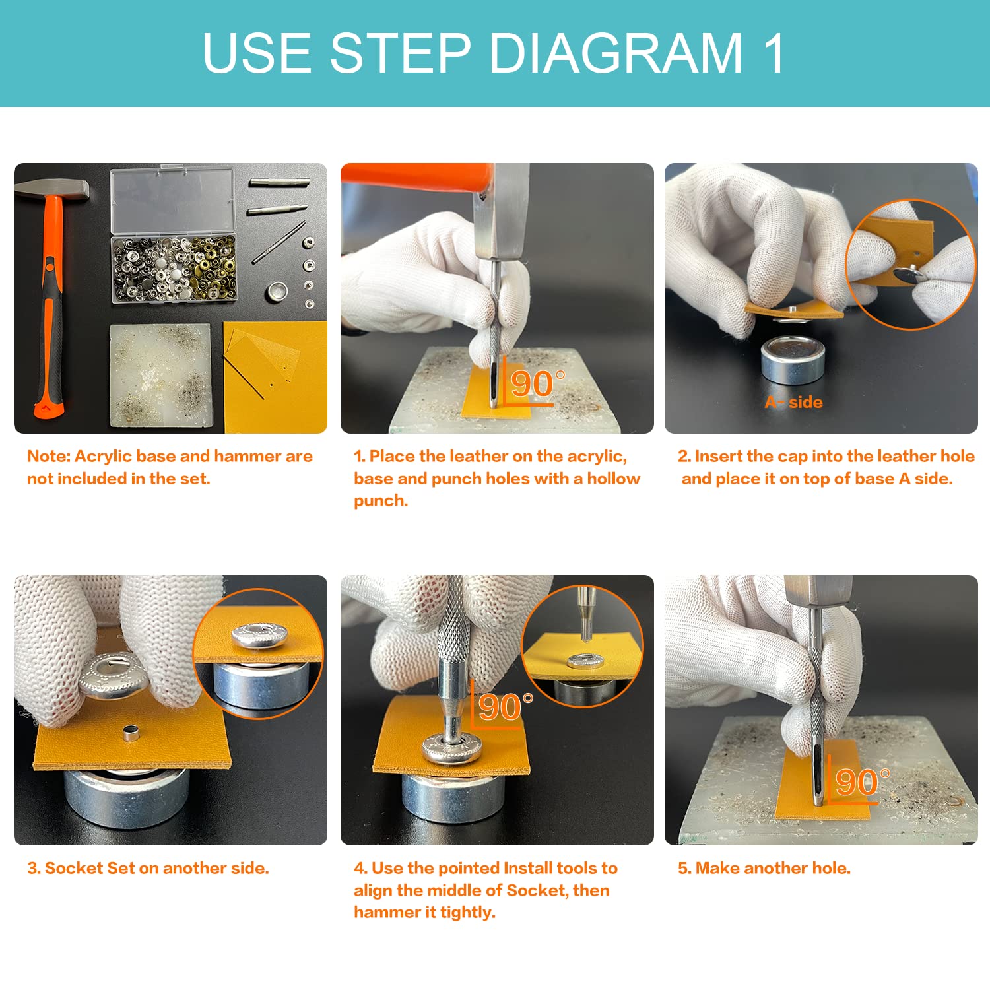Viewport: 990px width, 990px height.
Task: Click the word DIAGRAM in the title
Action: coord(616,53)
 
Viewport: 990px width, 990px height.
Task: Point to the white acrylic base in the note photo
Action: coord(160,375)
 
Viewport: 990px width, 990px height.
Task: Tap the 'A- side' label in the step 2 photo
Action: coord(793,402)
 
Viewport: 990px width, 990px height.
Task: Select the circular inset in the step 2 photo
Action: coord(911,264)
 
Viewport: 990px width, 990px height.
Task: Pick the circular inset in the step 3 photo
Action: coord(259,653)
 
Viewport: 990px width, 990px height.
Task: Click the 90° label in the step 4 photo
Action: coord(505,708)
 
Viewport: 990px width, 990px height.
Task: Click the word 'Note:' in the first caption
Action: coord(49,456)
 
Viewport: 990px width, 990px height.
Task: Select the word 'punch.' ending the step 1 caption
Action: coord(381,501)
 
